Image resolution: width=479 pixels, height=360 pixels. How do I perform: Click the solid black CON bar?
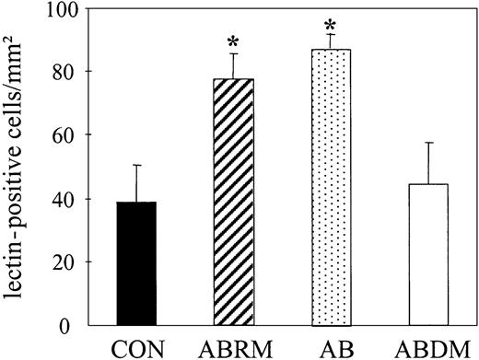pos(137,263)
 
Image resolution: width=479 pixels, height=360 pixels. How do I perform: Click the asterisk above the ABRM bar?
pos(234,41)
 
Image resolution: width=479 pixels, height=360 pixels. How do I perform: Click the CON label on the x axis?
pos(137,348)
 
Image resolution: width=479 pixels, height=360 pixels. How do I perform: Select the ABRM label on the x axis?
pos(234,348)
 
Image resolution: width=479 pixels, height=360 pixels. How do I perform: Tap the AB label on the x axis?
pos(332,348)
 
